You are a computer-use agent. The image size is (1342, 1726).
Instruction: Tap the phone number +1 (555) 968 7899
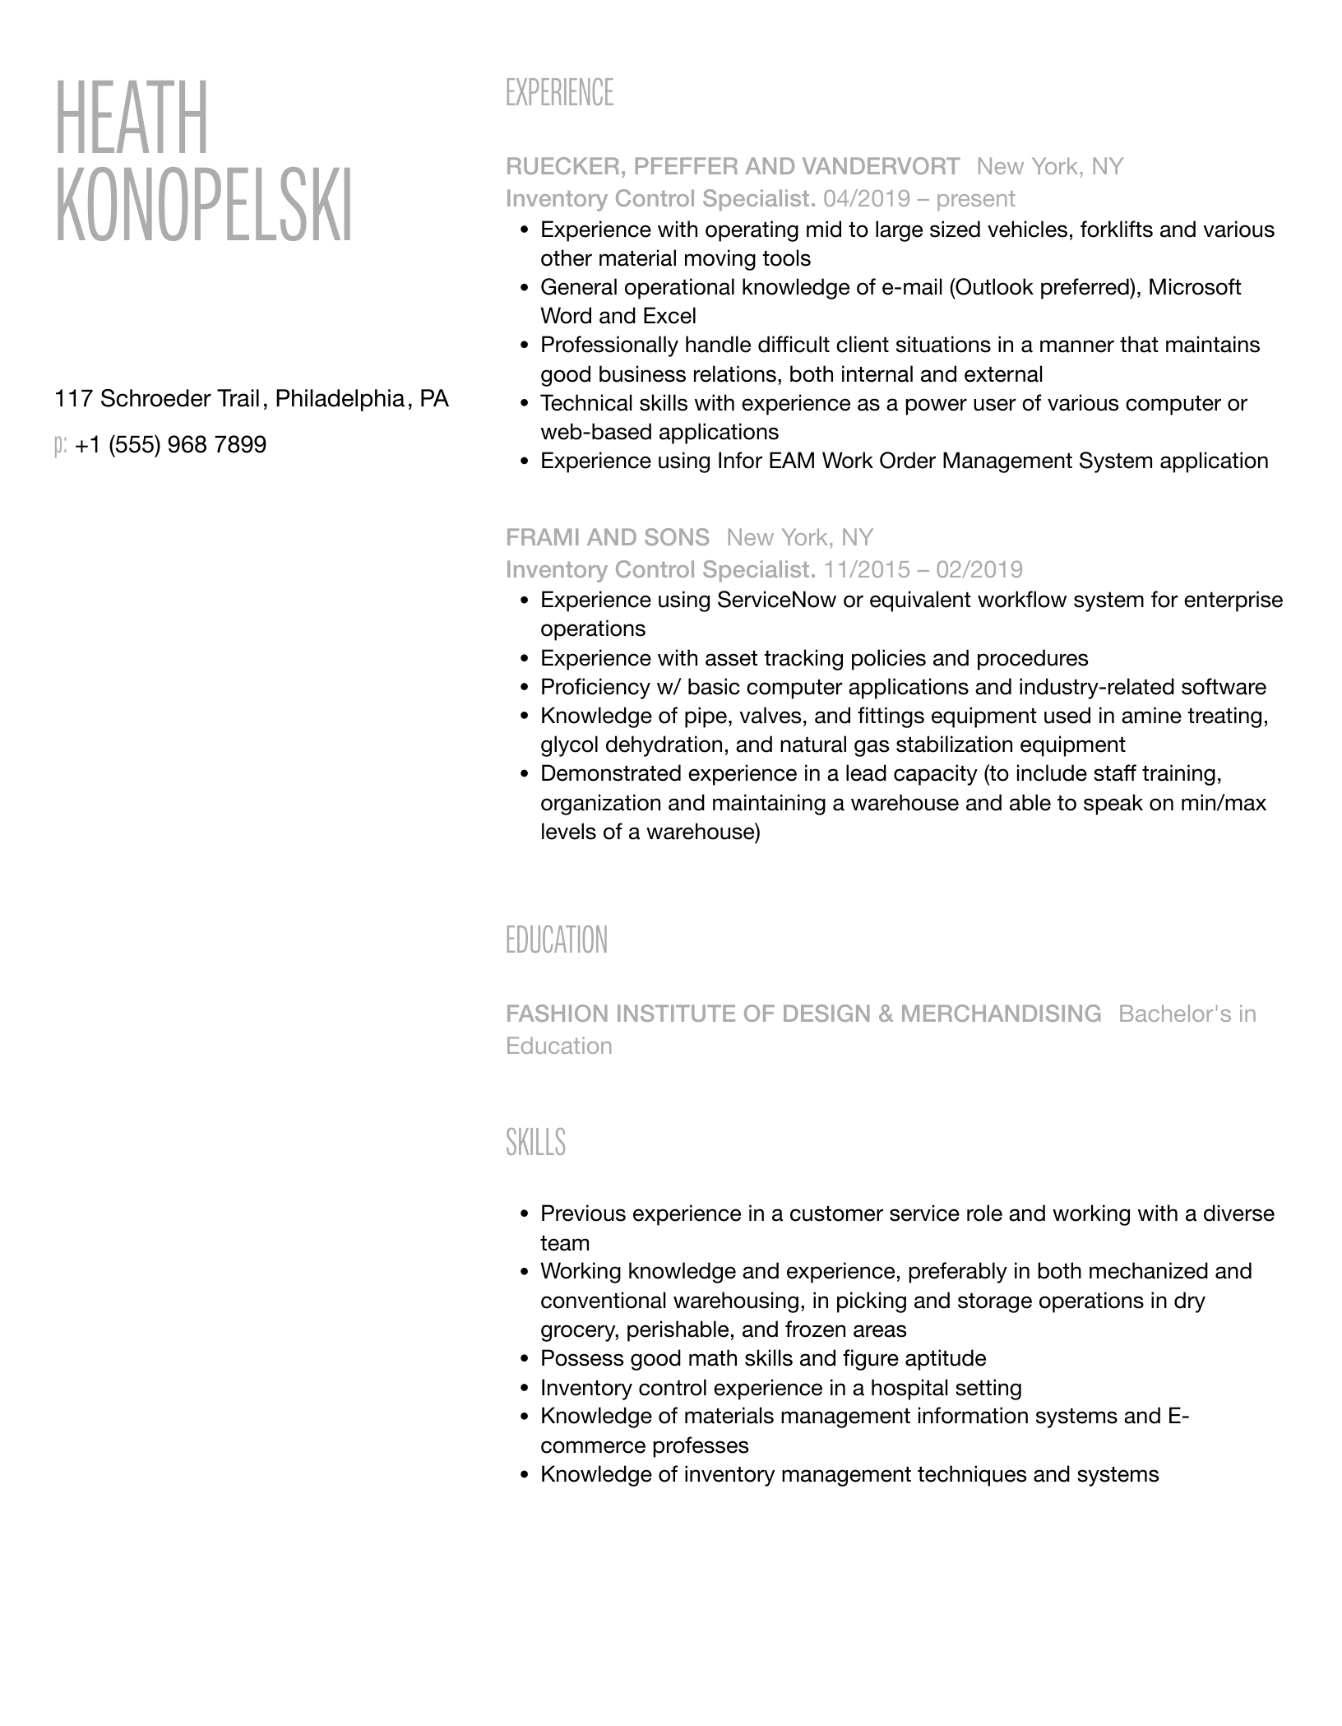(170, 445)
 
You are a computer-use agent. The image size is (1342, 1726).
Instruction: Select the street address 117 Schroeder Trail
(156, 399)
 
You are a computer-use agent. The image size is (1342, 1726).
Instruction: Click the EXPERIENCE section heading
(559, 93)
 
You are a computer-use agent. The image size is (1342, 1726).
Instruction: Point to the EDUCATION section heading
(556, 940)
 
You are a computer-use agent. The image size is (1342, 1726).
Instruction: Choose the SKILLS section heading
(535, 1143)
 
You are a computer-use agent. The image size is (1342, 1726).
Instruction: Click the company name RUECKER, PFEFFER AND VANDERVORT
(732, 167)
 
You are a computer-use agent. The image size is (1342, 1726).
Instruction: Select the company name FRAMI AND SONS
(607, 538)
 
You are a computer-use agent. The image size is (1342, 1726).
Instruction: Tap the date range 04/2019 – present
(919, 199)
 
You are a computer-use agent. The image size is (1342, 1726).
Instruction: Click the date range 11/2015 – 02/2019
(923, 570)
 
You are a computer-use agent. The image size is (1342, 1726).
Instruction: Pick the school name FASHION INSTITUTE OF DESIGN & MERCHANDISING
(803, 1014)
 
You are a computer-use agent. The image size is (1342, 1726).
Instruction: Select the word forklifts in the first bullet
(1115, 230)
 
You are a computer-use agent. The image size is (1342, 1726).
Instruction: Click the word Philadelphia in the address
(339, 399)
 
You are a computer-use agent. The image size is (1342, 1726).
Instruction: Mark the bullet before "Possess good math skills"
(525, 1359)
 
